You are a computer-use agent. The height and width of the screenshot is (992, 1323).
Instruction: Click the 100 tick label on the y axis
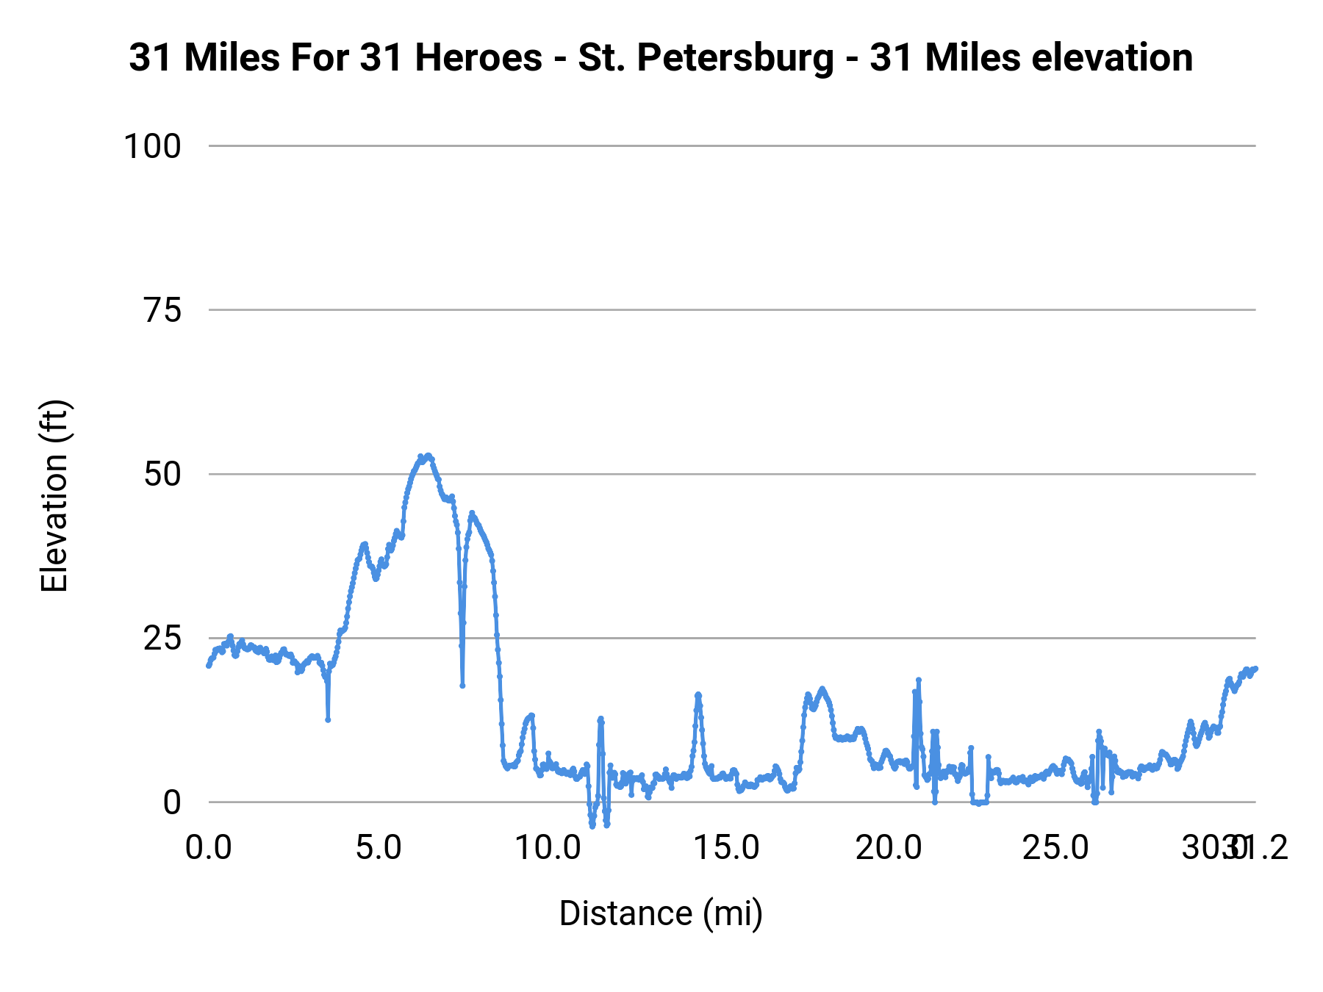(152, 146)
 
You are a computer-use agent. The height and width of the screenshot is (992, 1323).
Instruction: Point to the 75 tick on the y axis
(162, 310)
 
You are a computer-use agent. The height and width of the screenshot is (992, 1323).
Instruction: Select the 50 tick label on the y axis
(162, 474)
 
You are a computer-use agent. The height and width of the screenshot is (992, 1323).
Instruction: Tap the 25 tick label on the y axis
(162, 639)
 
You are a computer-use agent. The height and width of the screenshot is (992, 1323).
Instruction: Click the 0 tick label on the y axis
(171, 802)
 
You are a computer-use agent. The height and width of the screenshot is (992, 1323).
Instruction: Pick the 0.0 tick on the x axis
(209, 848)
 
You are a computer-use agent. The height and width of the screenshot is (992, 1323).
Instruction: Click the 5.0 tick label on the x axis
(379, 848)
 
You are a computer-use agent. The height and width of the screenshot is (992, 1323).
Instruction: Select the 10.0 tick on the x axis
(548, 848)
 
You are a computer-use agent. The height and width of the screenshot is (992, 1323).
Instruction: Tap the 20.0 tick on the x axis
(888, 848)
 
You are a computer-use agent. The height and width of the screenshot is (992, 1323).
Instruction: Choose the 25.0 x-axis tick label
(1056, 848)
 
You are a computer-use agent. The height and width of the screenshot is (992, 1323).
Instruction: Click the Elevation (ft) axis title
(54, 496)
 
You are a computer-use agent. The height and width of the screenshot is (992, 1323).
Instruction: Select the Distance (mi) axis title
(661, 913)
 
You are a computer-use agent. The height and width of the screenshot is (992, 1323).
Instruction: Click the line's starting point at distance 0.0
(209, 666)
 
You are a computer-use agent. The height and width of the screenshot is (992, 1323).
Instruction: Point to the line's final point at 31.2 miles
(1255, 668)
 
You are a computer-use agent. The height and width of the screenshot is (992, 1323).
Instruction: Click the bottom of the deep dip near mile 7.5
(462, 686)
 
